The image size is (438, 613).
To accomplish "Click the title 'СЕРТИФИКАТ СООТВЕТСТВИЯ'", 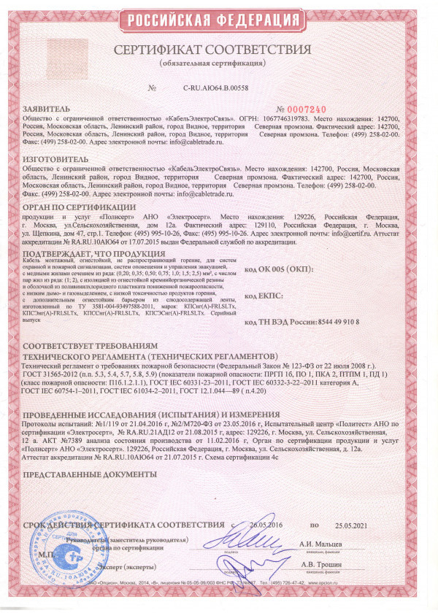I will [220, 50].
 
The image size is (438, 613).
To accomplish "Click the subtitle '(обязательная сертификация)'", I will [220, 64].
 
